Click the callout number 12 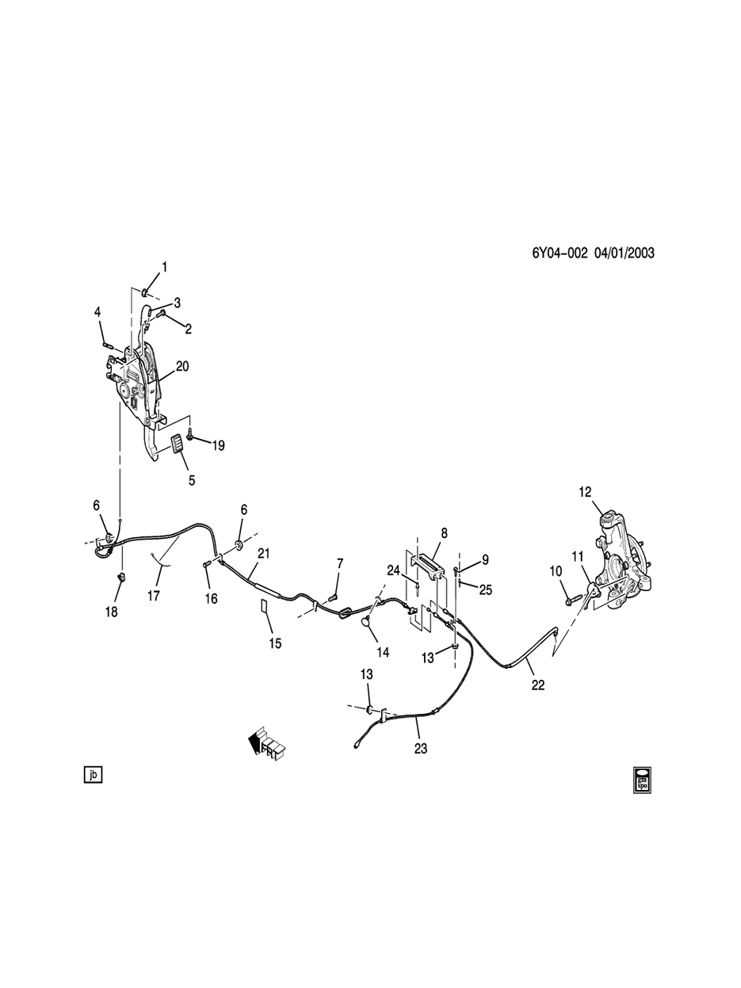pyautogui.click(x=585, y=492)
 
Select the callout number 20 pyautogui.click(x=182, y=366)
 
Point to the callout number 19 pyautogui.click(x=216, y=446)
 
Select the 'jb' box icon pyautogui.click(x=93, y=775)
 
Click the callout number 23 pyautogui.click(x=420, y=747)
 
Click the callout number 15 pyautogui.click(x=274, y=643)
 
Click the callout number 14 pyautogui.click(x=384, y=652)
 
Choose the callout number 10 pyautogui.click(x=556, y=570)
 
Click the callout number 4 pyautogui.click(x=98, y=313)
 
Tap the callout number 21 pyautogui.click(x=264, y=553)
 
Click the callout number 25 pyautogui.click(x=486, y=589)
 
